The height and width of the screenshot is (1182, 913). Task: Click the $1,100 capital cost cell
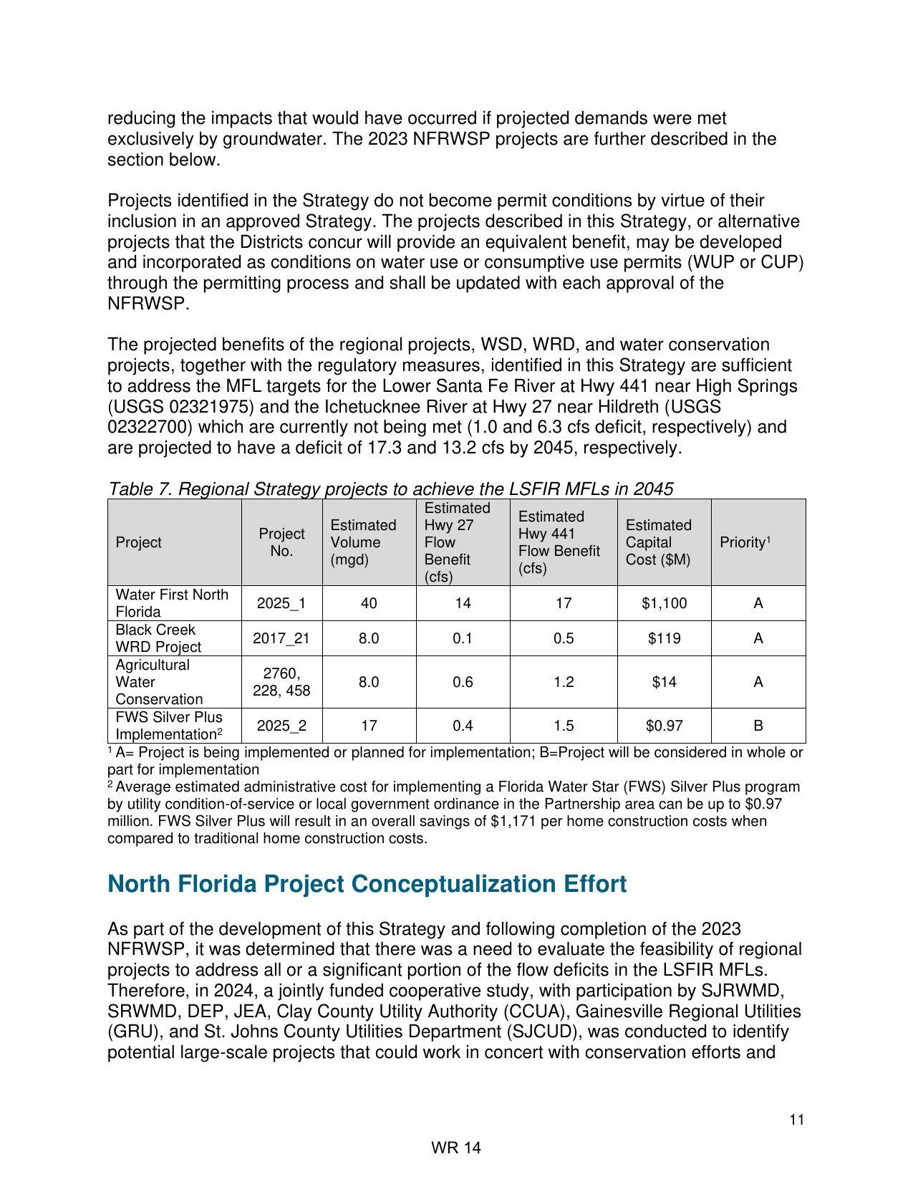coord(664,603)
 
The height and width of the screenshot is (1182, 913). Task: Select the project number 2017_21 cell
coord(281,638)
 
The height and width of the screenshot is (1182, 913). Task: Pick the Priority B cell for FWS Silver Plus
coord(758,726)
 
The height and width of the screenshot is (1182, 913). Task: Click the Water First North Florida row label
coord(172,603)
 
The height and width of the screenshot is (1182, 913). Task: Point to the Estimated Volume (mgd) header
coord(363,542)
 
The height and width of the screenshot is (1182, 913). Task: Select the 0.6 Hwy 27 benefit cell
coord(463,682)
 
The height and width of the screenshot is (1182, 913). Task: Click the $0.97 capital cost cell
coord(664,726)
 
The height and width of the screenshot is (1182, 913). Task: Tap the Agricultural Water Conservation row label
coord(159,682)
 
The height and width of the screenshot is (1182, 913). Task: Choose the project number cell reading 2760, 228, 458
coord(281,682)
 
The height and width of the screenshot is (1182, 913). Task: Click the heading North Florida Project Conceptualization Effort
coord(367,884)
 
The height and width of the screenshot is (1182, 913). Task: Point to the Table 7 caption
coord(390,489)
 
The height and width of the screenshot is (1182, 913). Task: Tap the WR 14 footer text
coord(456,1148)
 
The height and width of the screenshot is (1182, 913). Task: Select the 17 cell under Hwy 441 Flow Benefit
coord(564,603)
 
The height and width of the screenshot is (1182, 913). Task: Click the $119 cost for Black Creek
coord(664,638)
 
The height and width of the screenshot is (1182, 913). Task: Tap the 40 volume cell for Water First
coord(369,603)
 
